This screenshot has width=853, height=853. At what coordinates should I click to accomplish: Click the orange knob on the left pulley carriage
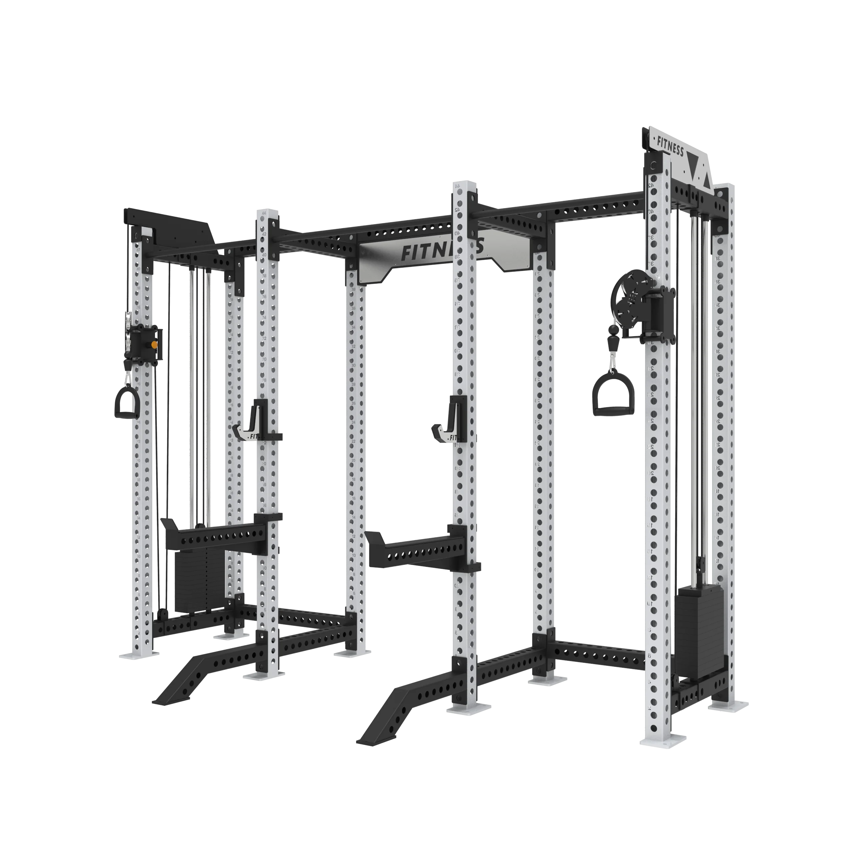154,345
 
